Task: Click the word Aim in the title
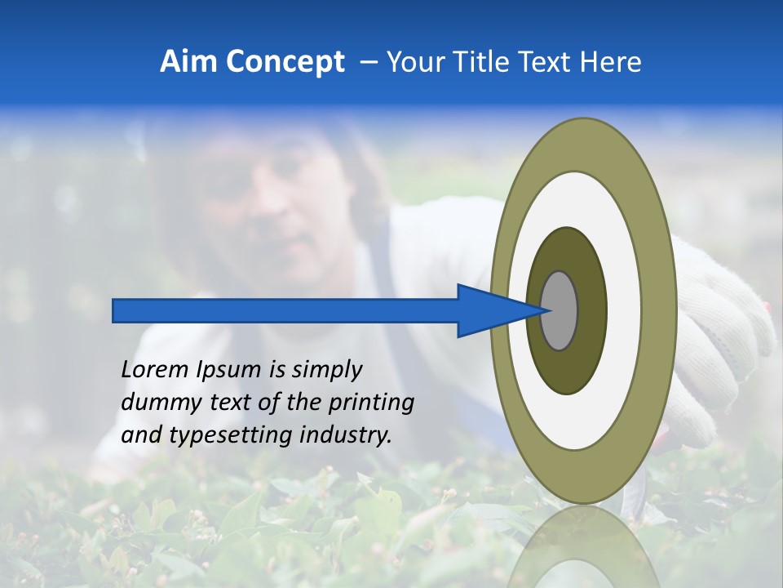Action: tap(188, 62)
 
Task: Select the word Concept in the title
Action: tap(285, 62)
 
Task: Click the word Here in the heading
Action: tap(611, 62)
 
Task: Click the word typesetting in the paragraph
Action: tap(224, 435)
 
